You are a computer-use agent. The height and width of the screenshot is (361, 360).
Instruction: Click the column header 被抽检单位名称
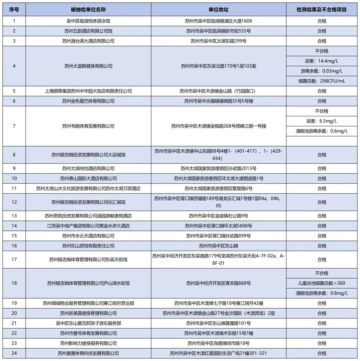(88, 10)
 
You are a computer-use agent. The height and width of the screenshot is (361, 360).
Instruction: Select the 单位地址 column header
(218, 10)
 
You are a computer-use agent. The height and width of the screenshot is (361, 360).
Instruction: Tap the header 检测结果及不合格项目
(322, 10)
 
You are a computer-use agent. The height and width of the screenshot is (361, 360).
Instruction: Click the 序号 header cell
(14, 10)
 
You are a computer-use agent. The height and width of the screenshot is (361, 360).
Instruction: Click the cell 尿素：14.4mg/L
(322, 61)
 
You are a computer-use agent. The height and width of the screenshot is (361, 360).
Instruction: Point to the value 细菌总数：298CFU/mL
(322, 81)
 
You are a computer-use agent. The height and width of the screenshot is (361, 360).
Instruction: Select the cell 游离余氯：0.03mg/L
(322, 71)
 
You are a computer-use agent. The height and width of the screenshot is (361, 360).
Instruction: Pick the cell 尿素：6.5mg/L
(322, 121)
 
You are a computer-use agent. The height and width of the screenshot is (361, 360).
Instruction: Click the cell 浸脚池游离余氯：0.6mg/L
(322, 131)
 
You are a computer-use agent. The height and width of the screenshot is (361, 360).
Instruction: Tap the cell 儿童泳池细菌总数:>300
(322, 283)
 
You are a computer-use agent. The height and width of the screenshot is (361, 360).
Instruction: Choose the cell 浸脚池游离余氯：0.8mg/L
(322, 293)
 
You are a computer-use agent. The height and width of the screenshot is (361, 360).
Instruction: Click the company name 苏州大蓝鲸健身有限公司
(88, 66)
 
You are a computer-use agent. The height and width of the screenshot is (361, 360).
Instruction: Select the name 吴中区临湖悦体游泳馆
(88, 21)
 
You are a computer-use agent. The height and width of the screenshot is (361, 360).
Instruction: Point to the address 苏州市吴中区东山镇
(218, 246)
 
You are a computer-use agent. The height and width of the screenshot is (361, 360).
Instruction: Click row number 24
(14, 353)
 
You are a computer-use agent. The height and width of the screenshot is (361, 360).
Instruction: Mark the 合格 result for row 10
(322, 179)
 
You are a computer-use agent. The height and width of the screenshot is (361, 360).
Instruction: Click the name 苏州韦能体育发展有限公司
(88, 126)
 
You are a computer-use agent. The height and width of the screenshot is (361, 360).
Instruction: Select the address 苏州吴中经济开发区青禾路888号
(218, 283)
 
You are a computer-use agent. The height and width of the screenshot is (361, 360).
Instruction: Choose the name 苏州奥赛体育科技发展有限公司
(88, 353)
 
